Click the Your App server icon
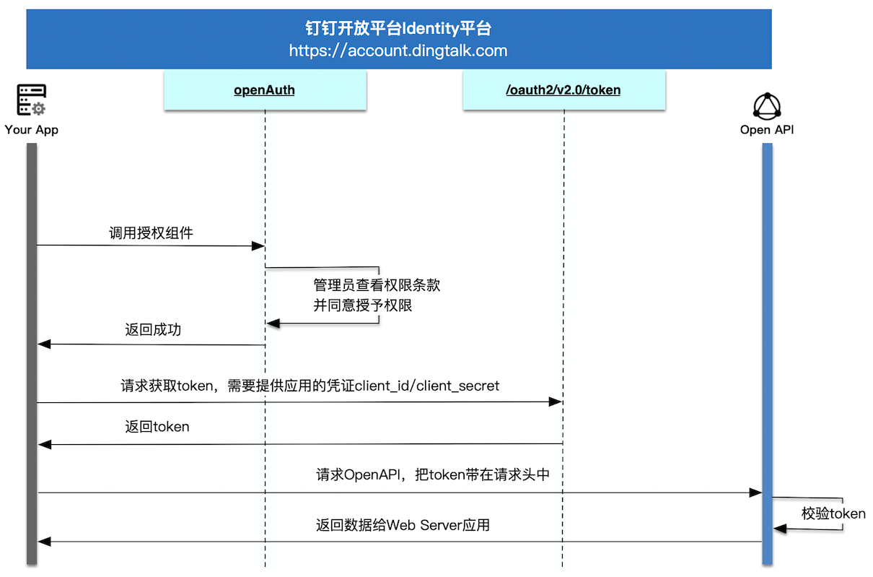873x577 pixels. click(31, 100)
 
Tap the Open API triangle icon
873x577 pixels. click(767, 106)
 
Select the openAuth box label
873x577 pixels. click(264, 90)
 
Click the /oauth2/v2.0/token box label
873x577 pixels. click(563, 90)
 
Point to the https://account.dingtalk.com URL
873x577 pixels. click(398, 51)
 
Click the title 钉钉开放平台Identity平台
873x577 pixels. click(398, 28)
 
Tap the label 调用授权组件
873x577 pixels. click(151, 233)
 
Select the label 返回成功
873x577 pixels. click(153, 329)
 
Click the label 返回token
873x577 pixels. click(157, 427)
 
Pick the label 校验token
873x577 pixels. click(833, 513)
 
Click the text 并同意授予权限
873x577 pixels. click(362, 305)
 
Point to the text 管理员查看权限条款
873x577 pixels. click(377, 285)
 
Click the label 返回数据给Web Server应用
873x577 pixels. click(403, 525)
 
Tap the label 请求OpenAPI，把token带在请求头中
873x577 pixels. click(433, 474)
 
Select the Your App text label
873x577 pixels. click(32, 129)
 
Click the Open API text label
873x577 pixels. click(767, 129)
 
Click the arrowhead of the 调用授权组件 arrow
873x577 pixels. click(258, 246)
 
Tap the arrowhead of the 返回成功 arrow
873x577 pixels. click(44, 344)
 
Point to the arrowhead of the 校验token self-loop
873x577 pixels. click(779, 529)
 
